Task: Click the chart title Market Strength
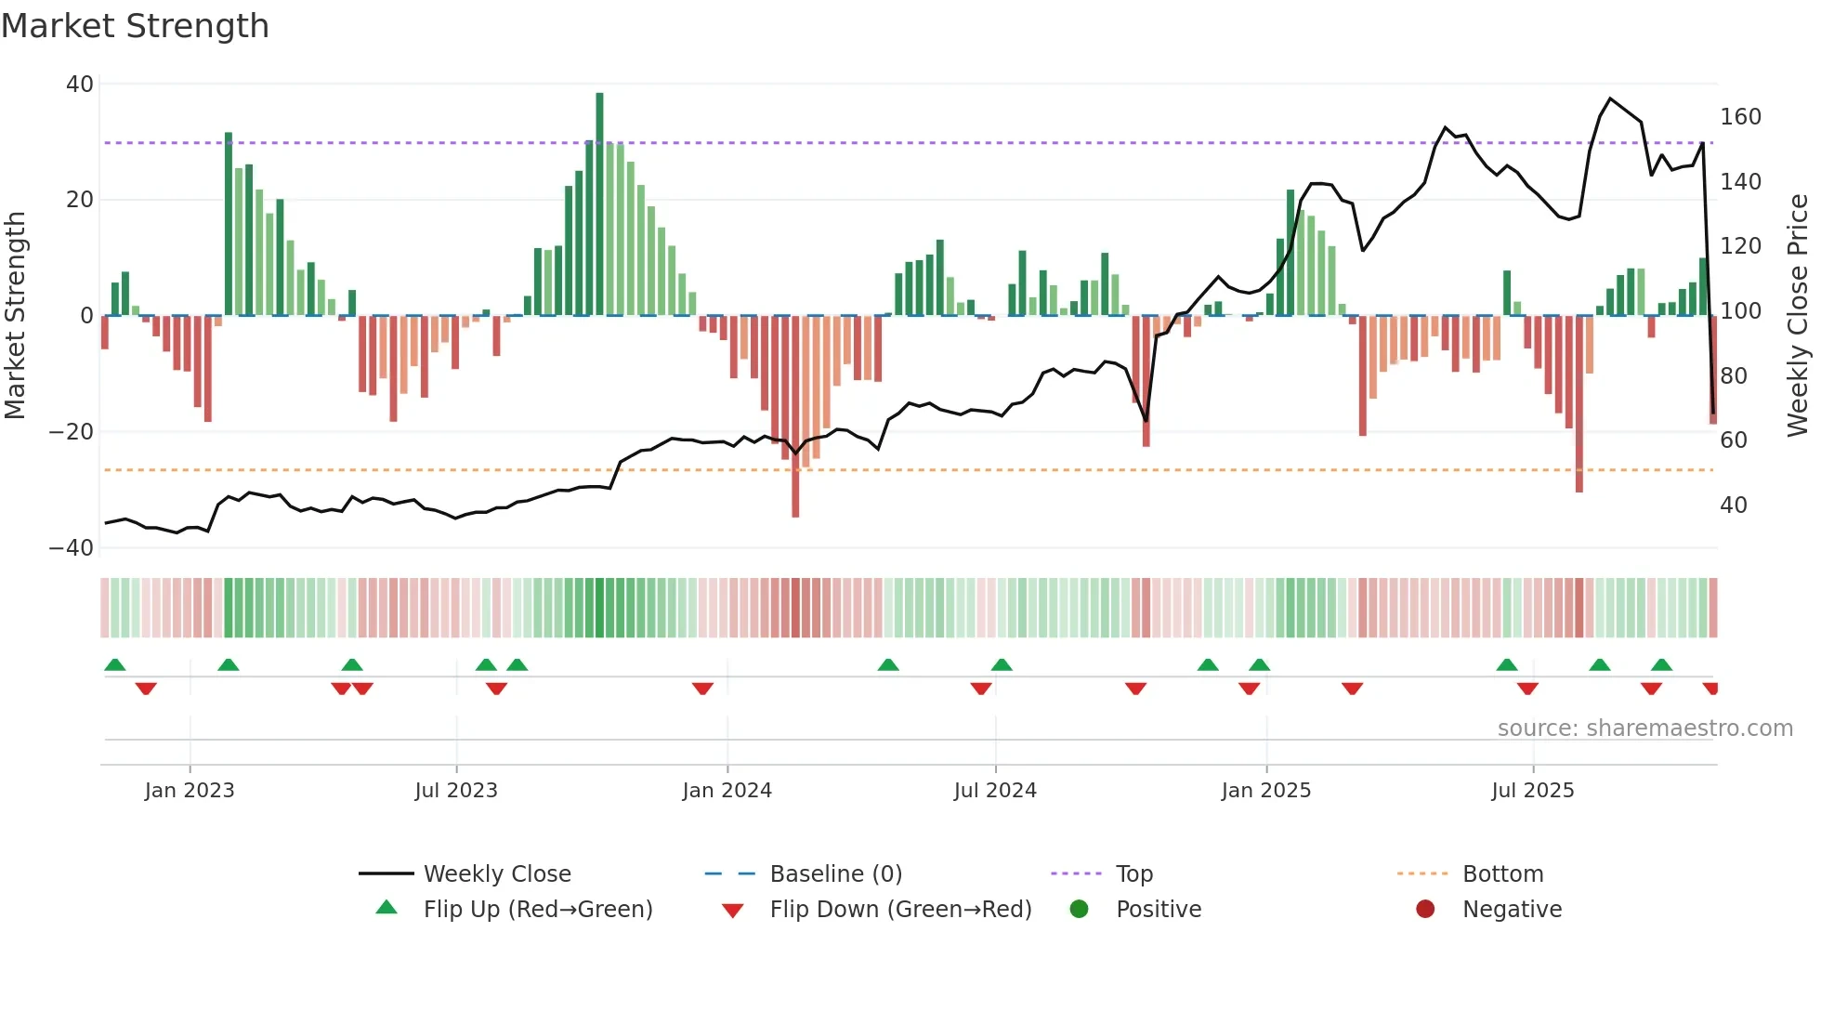pos(135,26)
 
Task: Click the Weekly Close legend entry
pos(496,873)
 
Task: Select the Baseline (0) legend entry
pos(835,873)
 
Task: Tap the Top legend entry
pos(1133,873)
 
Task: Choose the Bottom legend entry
pos(1502,873)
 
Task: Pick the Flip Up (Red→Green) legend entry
pos(537,909)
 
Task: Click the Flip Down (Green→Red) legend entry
pos(899,909)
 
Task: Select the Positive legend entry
pos(1158,909)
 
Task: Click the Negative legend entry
pos(1512,909)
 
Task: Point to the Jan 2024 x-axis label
pos(727,790)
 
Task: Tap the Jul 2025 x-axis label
pos(1532,790)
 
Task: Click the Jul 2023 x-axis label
pos(456,790)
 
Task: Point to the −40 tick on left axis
pos(72,548)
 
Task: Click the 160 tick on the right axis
pos(1740,117)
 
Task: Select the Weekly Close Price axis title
pos(1797,315)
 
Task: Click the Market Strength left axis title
pos(16,315)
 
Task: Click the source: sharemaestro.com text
pos(1644,728)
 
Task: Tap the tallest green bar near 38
pos(599,204)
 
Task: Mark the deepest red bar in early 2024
pos(795,418)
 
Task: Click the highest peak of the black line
pos(1610,98)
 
